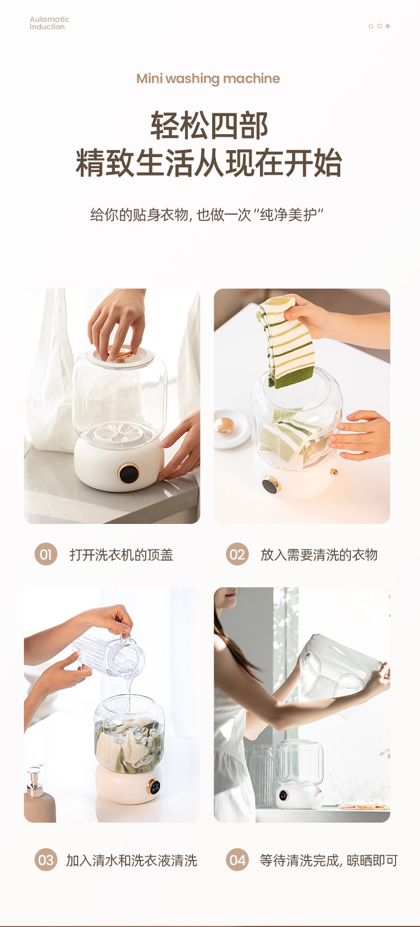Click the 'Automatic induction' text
click(49, 23)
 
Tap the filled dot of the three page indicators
click(388, 26)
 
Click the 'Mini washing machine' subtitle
click(208, 79)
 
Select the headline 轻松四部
click(209, 126)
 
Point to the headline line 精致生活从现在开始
click(209, 163)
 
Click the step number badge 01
click(46, 554)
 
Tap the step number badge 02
click(237, 554)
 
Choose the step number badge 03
click(46, 860)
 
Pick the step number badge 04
click(237, 860)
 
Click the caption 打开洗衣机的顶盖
click(121, 555)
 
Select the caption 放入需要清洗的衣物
click(319, 555)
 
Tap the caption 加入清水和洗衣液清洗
click(131, 860)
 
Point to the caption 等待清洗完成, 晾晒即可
click(329, 860)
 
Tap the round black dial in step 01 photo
click(129, 473)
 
